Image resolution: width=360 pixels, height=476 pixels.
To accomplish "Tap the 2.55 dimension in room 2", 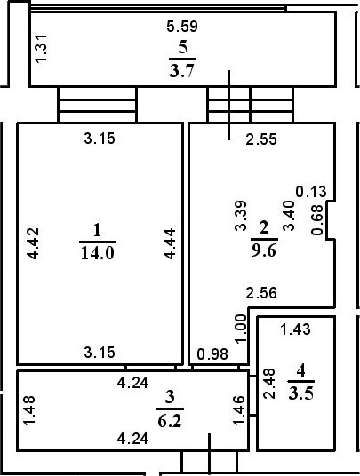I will (261, 139).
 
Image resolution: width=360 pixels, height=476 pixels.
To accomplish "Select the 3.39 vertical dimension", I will (240, 216).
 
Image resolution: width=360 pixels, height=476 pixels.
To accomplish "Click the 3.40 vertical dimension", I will (287, 216).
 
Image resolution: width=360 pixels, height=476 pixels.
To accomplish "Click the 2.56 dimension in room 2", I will (261, 293).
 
